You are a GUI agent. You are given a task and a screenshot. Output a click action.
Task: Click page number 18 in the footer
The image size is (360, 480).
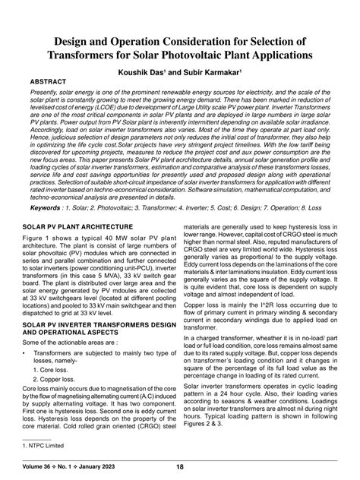(180, 467)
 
